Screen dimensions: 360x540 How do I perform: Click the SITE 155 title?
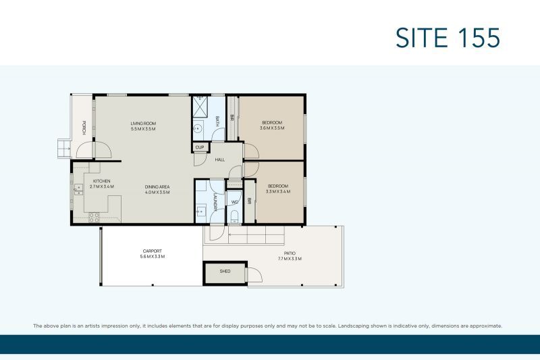[448, 37]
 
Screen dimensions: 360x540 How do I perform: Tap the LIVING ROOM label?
[143, 124]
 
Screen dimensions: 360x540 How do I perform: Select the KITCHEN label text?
[101, 182]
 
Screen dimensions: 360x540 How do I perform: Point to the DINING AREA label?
[157, 186]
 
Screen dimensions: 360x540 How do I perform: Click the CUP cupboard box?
[199, 147]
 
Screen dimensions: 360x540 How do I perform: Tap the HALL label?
[220, 160]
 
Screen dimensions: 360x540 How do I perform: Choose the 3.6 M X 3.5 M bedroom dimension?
[273, 128]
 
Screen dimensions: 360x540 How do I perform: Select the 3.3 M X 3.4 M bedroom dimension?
[277, 192]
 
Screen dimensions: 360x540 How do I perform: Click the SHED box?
[225, 271]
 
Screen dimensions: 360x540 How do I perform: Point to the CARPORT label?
[152, 251]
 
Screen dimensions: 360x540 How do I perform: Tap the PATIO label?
[290, 253]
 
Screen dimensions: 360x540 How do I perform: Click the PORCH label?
[84, 126]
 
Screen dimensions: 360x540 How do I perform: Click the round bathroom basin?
[199, 128]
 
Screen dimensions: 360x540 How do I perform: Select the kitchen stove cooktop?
[94, 217]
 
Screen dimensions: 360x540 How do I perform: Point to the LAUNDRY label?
[215, 202]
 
